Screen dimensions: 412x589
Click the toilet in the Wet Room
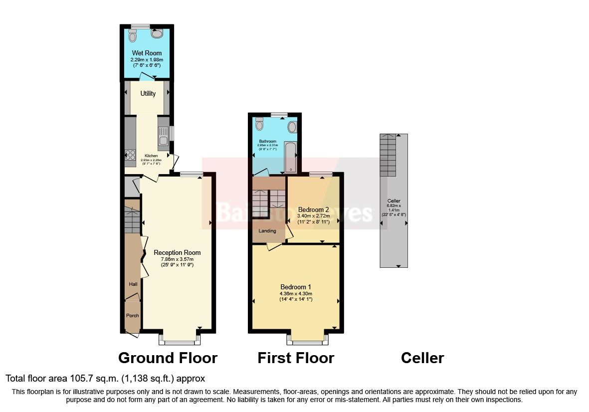click(132, 36)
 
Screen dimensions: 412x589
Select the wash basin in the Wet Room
click(157, 34)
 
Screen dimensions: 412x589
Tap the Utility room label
click(148, 94)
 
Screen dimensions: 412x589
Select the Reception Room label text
click(177, 253)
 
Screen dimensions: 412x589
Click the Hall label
click(133, 284)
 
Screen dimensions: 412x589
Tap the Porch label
click(132, 316)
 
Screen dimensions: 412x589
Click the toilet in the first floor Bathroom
click(258, 124)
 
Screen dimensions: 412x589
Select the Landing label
click(267, 231)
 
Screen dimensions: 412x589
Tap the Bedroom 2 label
click(313, 209)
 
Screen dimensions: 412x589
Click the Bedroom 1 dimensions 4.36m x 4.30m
click(296, 294)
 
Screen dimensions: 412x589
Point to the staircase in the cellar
click(388, 155)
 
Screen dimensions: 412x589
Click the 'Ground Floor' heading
click(168, 358)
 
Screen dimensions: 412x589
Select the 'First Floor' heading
click(296, 358)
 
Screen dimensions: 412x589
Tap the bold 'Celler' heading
click(422, 358)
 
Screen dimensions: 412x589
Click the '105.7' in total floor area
click(69, 379)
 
